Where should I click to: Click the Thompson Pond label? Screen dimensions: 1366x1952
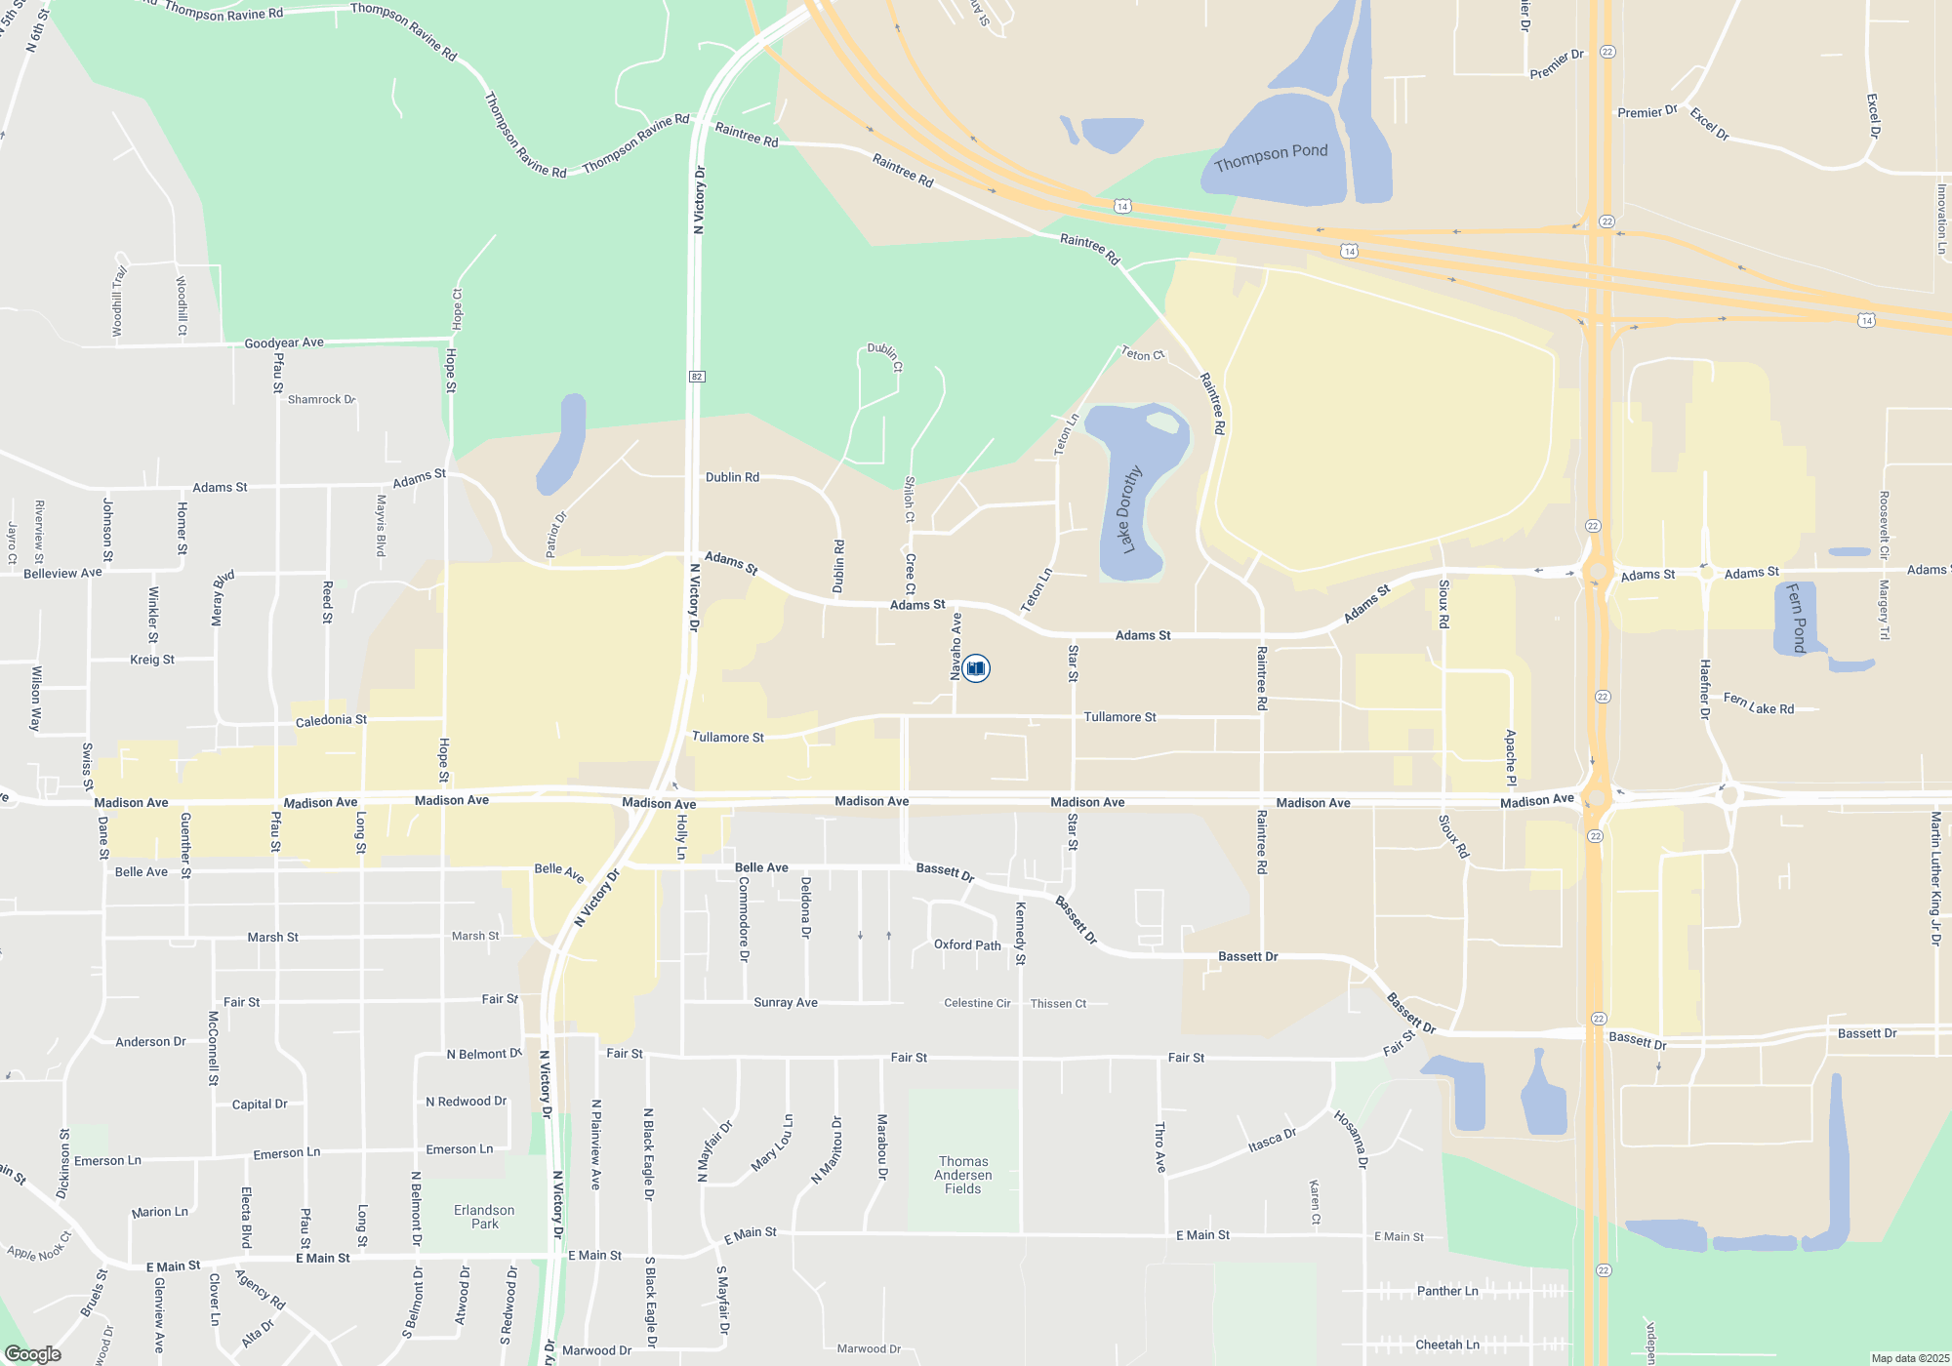tap(1271, 156)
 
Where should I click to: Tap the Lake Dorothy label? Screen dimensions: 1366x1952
tap(1130, 510)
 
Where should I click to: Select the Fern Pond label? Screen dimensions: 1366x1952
tap(1796, 618)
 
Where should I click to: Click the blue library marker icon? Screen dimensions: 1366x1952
tap(976, 668)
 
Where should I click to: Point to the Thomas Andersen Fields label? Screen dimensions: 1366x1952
tap(963, 1175)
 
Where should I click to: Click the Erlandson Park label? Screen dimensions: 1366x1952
tap(484, 1217)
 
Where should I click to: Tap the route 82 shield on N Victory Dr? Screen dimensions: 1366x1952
tap(697, 377)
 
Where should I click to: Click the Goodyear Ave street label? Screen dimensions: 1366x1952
tap(284, 342)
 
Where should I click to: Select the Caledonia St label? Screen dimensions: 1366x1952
tap(331, 720)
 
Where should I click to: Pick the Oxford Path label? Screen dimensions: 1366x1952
tap(967, 944)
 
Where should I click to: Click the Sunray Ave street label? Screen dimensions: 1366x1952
tap(786, 1002)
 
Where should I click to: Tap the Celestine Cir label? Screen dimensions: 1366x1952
tap(977, 1003)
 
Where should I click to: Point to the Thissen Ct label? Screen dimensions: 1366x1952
tap(1058, 1003)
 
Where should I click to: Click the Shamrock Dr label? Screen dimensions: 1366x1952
tap(321, 399)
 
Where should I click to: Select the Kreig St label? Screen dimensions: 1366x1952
tap(152, 660)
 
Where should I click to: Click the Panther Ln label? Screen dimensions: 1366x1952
tap(1447, 1291)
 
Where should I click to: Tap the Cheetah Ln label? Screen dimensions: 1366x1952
tap(1447, 1345)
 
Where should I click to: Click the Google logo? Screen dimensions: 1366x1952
tap(33, 1354)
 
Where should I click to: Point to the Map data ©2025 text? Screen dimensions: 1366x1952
tap(1909, 1358)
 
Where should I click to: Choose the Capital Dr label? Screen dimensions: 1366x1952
tap(260, 1105)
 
